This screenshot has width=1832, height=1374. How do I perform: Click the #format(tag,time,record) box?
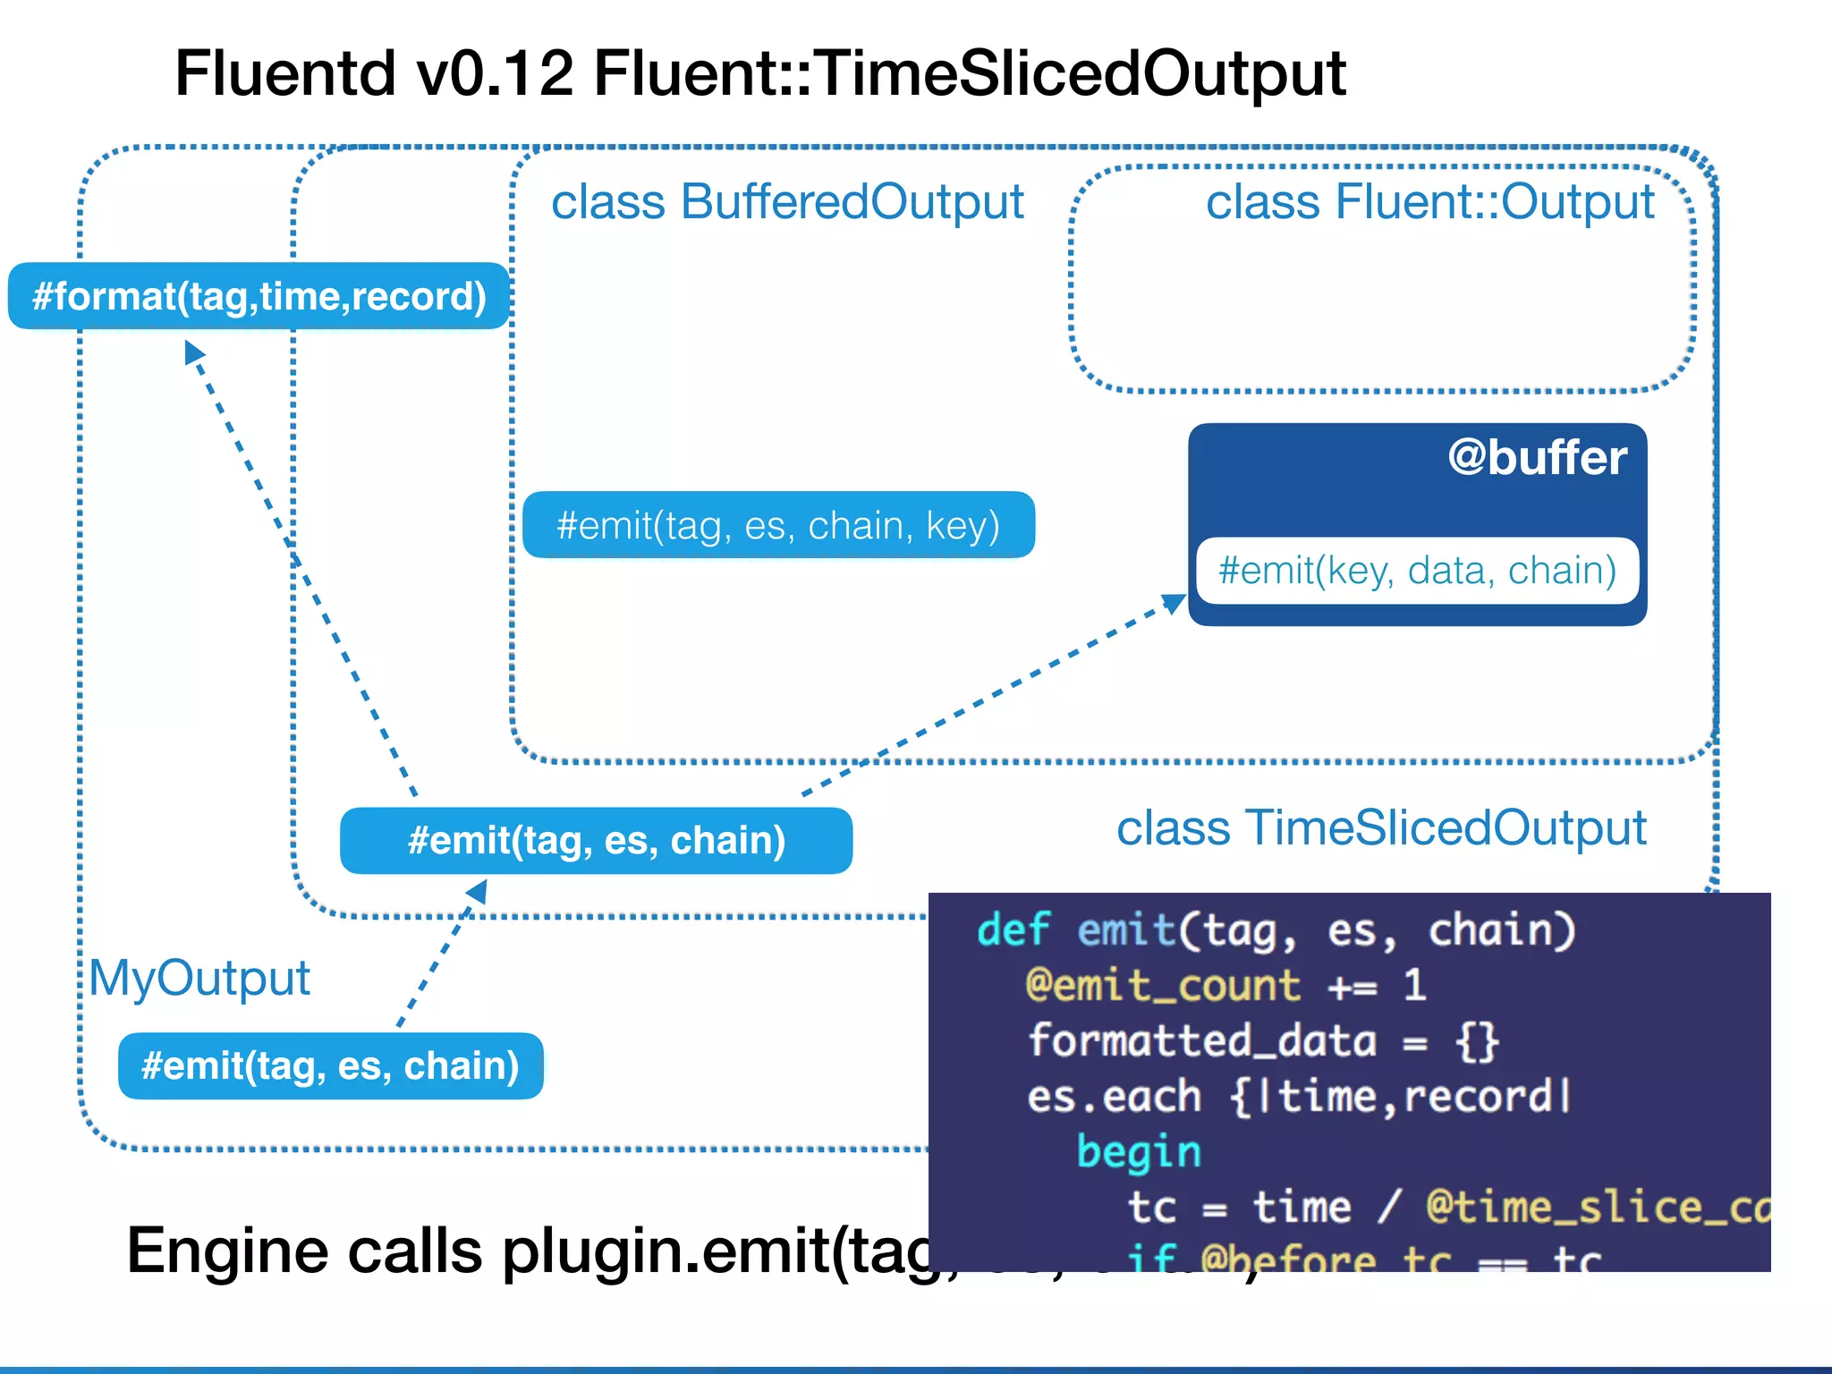click(259, 296)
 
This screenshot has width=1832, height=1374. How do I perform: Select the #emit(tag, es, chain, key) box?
click(778, 525)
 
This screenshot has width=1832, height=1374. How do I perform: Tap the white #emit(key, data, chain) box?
click(1417, 571)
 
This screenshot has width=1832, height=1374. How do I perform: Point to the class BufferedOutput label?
click(787, 201)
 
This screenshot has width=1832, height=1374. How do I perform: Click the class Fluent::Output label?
click(1429, 201)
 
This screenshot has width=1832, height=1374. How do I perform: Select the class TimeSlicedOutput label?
click(1381, 827)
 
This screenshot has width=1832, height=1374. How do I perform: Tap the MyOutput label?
click(199, 978)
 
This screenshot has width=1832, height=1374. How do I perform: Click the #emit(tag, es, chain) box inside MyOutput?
click(330, 1065)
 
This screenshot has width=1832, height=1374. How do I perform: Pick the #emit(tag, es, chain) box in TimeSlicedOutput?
click(596, 841)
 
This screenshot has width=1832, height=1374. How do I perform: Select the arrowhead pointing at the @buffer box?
click(1174, 603)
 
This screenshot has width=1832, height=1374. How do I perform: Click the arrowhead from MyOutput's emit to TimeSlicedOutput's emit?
click(478, 890)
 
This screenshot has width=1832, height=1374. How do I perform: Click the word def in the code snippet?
click(1013, 930)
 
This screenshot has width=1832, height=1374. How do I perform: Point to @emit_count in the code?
click(1162, 986)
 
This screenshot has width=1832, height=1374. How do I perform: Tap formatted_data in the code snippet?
click(1201, 1041)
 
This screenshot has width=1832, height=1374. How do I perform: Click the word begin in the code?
click(1138, 1152)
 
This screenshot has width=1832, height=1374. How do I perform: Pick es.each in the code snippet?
click(1113, 1097)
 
